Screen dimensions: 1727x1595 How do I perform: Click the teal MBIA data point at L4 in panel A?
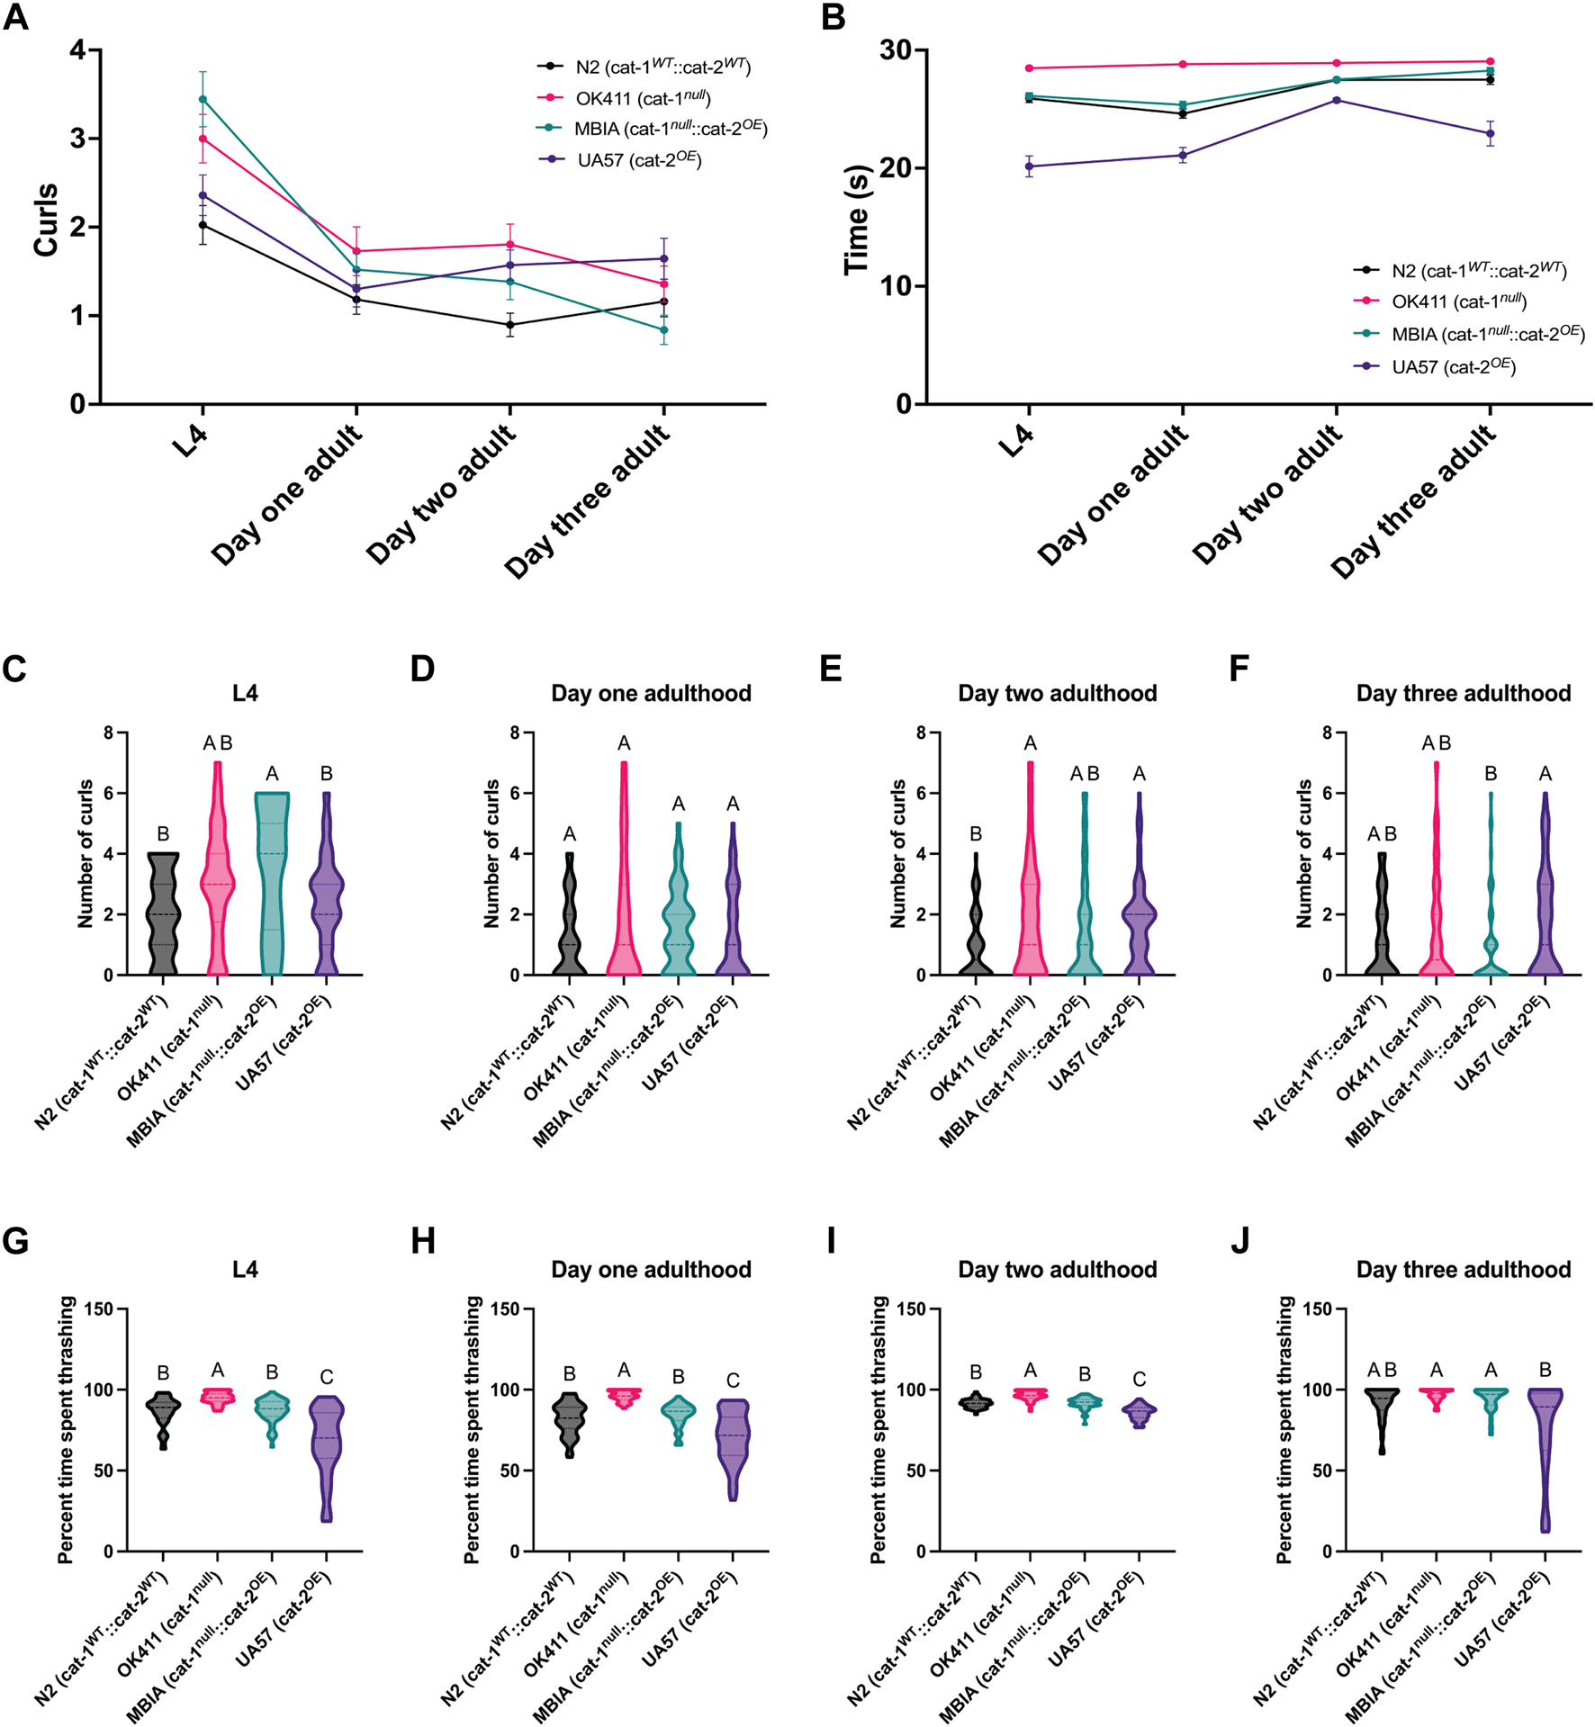(203, 99)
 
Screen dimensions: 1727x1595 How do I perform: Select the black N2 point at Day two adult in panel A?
(510, 325)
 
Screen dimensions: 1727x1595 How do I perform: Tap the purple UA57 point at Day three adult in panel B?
(1491, 133)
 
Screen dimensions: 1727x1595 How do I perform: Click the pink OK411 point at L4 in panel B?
(1029, 68)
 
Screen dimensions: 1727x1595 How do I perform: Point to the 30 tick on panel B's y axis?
(896, 50)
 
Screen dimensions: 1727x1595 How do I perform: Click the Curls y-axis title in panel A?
(45, 220)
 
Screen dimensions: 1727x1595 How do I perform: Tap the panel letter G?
(15, 1241)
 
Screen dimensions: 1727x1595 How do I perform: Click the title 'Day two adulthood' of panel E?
(1057, 693)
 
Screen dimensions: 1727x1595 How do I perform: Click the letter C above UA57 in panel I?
(1139, 1379)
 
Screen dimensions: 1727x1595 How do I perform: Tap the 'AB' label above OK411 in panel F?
(1436, 743)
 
